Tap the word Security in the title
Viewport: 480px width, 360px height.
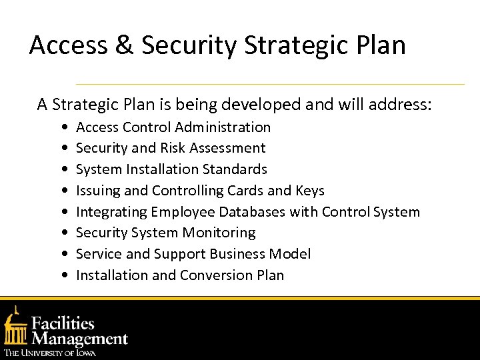point(188,45)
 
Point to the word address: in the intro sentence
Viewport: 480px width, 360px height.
point(401,105)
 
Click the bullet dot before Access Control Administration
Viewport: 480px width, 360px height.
point(63,127)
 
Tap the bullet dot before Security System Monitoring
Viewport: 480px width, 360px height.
point(63,233)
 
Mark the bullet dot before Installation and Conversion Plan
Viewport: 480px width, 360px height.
point(63,276)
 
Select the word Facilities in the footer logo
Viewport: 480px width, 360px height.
point(63,324)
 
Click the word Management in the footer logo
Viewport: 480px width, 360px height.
point(80,339)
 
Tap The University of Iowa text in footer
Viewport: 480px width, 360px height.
point(50,353)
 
